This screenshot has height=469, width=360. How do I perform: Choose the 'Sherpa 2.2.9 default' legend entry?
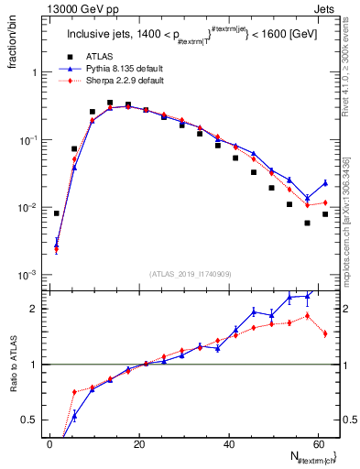pos(112,80)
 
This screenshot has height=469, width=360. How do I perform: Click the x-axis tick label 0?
pos(49,443)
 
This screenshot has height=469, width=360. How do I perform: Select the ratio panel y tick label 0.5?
pos(29,420)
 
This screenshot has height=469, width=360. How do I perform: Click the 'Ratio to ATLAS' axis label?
pos(12,365)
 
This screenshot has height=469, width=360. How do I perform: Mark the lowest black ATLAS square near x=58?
pos(307,223)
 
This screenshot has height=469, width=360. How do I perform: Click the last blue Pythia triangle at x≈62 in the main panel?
pos(324,182)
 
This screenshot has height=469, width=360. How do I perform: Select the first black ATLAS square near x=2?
pos(57,213)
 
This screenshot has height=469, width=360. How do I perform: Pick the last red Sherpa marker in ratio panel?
pos(324,333)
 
